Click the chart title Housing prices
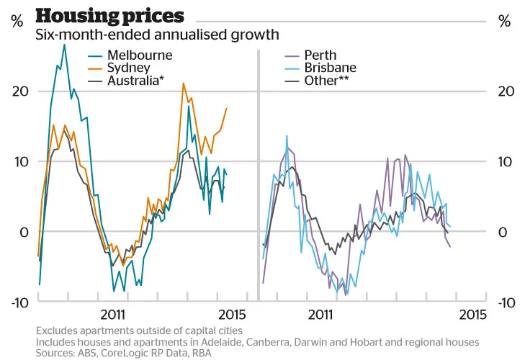[x=109, y=15]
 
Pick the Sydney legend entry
[x=128, y=68]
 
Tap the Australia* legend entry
[x=135, y=81]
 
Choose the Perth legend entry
[x=320, y=55]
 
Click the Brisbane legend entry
[x=330, y=68]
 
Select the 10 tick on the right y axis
[x=504, y=162]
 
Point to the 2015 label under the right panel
[x=472, y=315]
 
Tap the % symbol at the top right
[x=503, y=21]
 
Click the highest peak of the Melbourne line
[x=64, y=45]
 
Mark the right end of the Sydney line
[x=226, y=109]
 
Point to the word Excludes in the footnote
[x=57, y=330]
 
